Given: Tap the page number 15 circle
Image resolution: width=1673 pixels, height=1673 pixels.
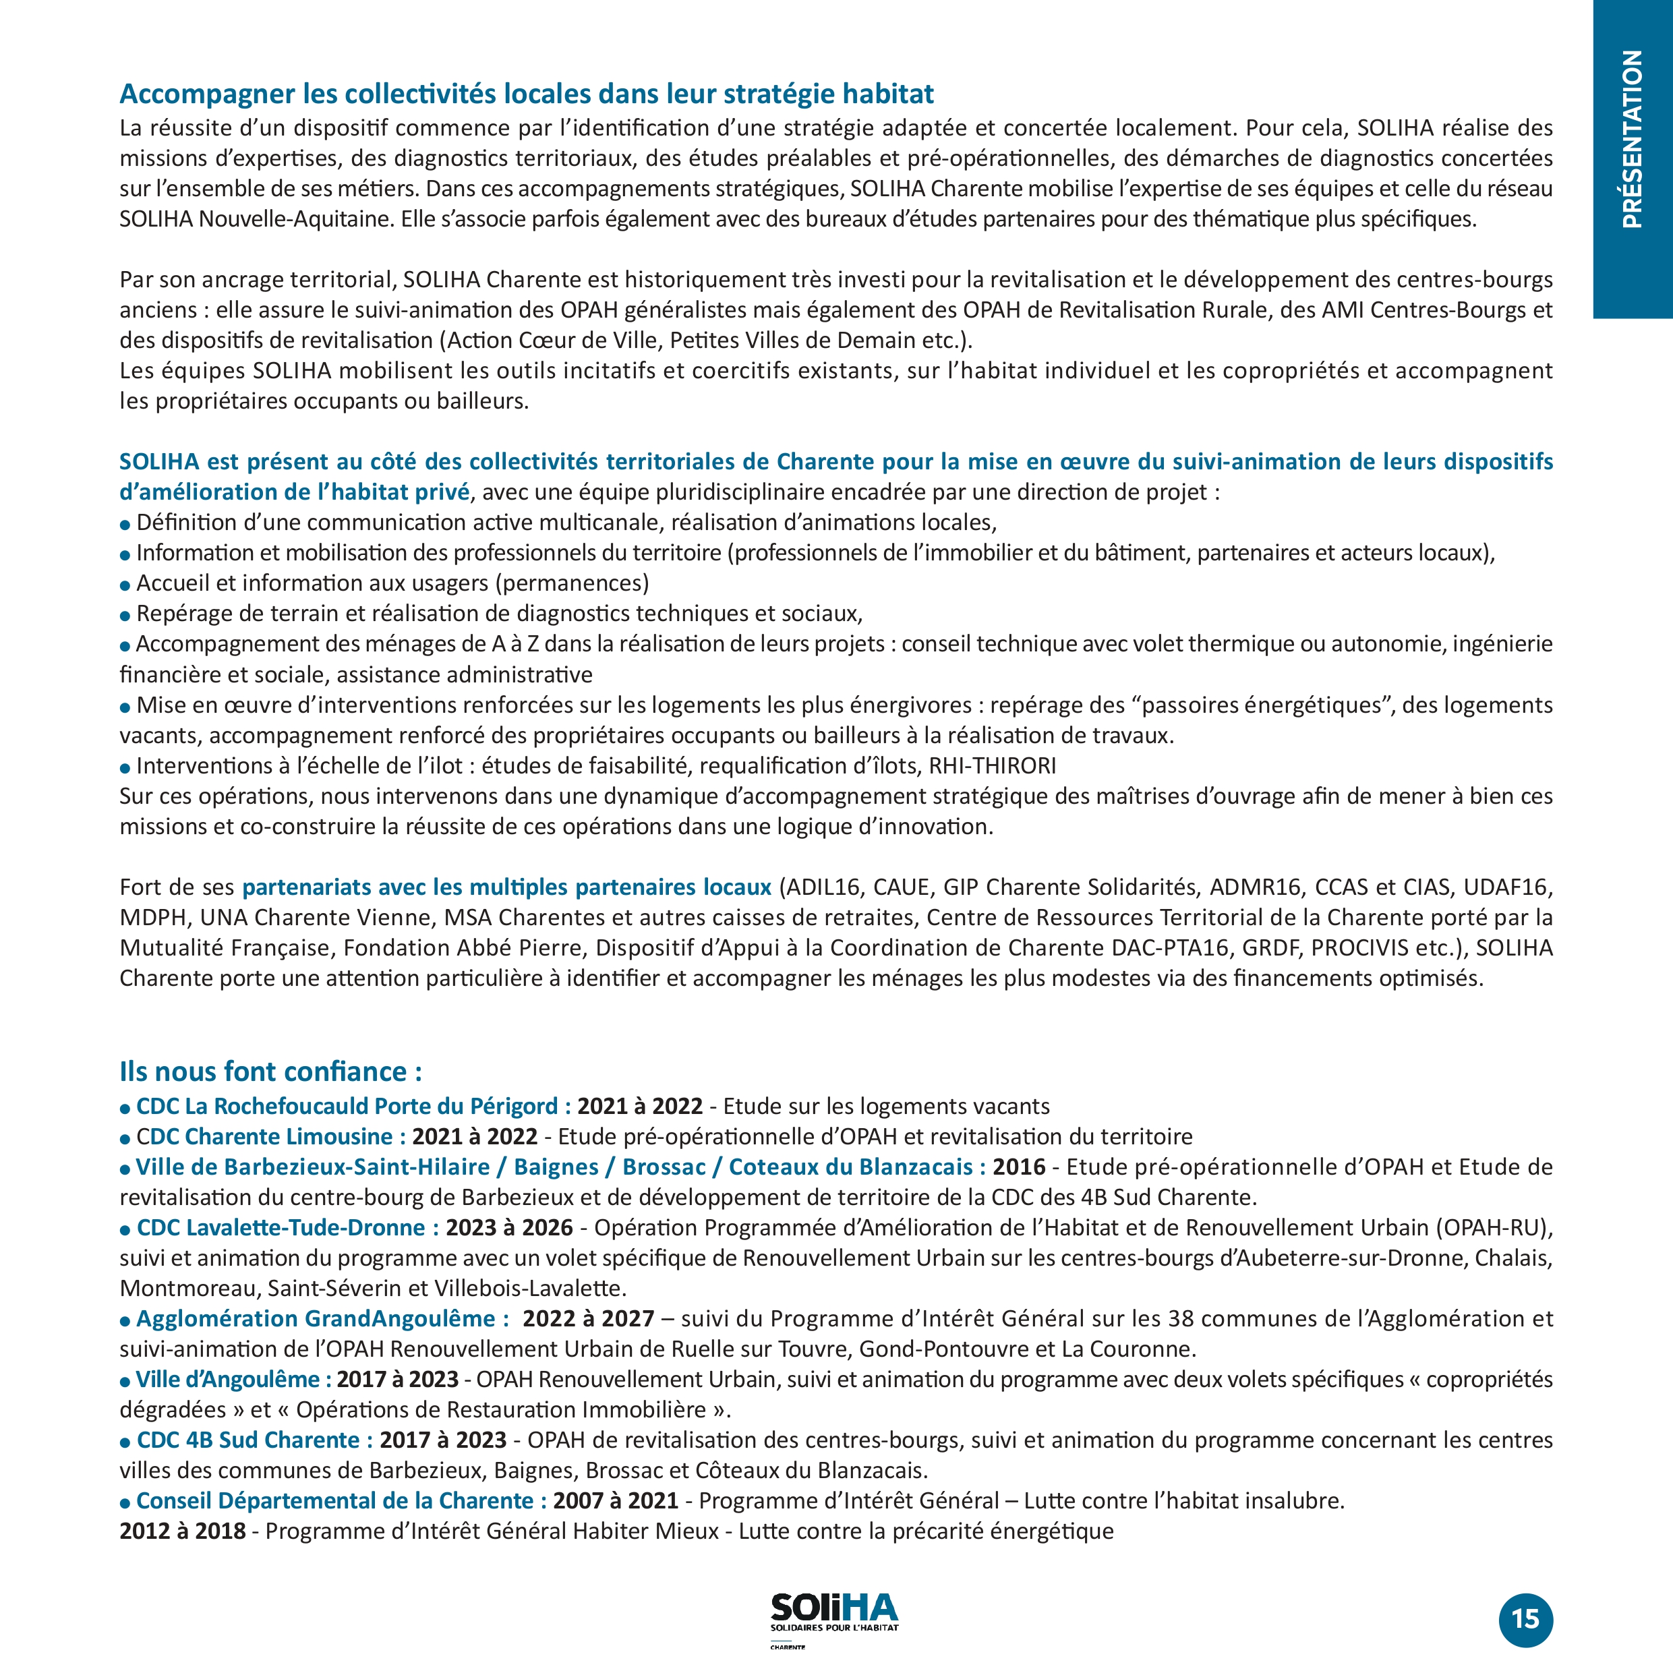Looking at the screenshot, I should click(x=1526, y=1618).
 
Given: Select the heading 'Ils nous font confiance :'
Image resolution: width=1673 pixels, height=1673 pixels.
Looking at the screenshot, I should click(x=270, y=1072).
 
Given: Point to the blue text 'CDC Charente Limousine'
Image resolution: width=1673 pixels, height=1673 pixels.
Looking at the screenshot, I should click(x=264, y=1136).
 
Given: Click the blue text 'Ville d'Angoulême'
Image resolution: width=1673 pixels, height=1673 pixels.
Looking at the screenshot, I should click(x=228, y=1380).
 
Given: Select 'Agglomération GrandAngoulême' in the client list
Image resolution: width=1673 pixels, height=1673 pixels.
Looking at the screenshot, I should click(x=315, y=1319).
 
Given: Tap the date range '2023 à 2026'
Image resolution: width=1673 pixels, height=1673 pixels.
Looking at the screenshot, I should click(x=509, y=1228).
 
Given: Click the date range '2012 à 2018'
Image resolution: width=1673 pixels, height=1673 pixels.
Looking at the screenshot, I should click(x=183, y=1531).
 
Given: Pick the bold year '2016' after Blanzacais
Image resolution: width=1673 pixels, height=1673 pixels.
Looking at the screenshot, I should click(x=1019, y=1167).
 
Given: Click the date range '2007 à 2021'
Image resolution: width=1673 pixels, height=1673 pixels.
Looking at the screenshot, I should click(x=616, y=1500).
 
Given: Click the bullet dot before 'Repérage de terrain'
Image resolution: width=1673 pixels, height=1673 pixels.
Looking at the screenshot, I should click(x=125, y=616).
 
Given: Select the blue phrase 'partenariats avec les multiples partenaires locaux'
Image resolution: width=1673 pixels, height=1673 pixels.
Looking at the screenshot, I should click(x=506, y=887).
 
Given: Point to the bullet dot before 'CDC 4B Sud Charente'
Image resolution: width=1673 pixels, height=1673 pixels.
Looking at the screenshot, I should click(x=125, y=1442).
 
